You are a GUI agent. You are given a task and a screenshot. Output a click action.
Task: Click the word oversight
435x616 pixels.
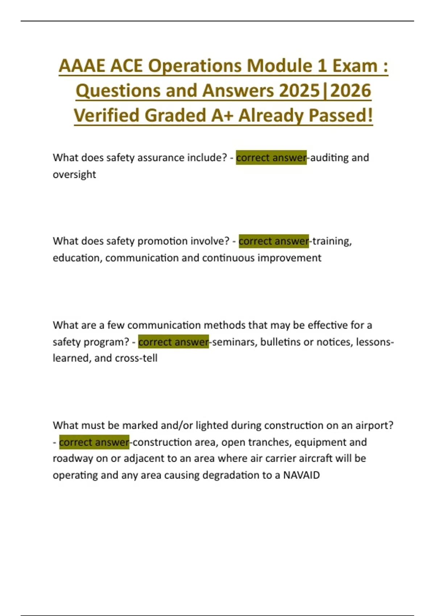click(x=74, y=174)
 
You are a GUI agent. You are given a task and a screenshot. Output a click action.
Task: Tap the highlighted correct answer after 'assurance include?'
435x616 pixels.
click(x=271, y=158)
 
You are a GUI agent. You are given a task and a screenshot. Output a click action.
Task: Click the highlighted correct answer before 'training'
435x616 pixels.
click(x=274, y=241)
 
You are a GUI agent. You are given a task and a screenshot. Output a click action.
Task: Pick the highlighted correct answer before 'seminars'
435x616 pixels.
click(x=173, y=342)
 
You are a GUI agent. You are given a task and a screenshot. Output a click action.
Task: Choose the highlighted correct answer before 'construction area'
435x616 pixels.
click(x=94, y=442)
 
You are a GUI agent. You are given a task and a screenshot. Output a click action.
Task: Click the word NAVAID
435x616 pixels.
click(x=301, y=475)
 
